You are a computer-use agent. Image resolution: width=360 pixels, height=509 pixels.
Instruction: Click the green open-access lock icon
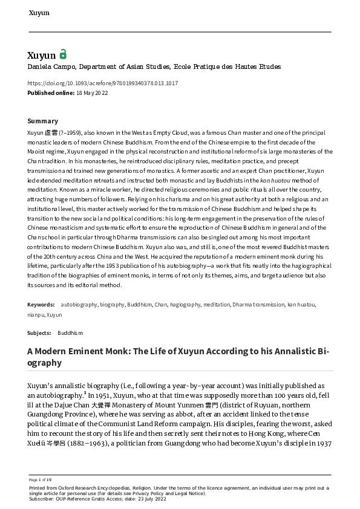pos(63,54)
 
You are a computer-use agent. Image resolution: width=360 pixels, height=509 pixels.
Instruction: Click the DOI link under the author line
pos(103,83)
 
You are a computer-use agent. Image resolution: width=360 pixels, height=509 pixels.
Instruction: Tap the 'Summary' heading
pos(43,121)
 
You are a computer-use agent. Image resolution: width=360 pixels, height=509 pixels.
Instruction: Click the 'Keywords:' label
pos(41,305)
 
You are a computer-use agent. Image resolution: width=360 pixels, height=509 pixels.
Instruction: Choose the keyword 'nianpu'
pos(36,315)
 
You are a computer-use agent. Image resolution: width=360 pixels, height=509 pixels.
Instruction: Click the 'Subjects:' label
pos(39,333)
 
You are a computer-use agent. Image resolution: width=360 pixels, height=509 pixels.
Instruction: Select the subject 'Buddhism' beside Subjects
pos(70,333)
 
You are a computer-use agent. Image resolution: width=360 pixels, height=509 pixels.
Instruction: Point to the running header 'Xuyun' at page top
pos(39,12)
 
